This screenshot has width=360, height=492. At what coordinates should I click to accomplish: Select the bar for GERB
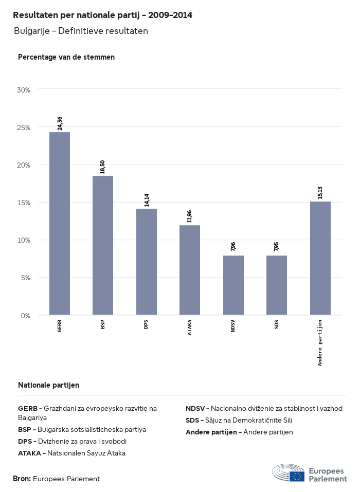pos(60,224)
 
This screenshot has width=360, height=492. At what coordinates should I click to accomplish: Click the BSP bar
pos(103,245)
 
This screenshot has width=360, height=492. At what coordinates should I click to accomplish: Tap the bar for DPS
pos(147,262)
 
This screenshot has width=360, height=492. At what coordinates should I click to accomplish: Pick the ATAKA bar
pos(190,270)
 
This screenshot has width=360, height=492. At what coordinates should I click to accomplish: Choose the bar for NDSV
pos(233,285)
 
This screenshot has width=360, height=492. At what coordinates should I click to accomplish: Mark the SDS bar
pos(277,285)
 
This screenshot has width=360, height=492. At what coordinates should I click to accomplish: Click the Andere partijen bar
pos(320,258)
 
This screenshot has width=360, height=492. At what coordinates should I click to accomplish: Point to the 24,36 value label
pos(60,123)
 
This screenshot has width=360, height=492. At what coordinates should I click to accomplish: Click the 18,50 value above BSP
pos(103,167)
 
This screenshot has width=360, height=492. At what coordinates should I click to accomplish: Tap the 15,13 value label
pos(320,193)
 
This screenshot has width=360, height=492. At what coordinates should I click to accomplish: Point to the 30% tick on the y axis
pos(24,90)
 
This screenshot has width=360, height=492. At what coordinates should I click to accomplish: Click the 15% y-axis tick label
pos(24,203)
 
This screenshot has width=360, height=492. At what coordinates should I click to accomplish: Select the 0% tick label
pos(26,315)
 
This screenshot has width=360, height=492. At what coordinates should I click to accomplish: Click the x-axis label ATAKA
pos(190,327)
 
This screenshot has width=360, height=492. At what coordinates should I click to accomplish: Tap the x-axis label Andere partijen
pos(320,342)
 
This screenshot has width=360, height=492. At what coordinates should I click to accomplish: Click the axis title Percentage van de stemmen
pos(66,57)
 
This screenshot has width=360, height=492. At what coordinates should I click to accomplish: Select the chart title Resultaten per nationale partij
pos(103,15)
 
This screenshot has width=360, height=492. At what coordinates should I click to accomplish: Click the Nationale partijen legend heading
pos(48,385)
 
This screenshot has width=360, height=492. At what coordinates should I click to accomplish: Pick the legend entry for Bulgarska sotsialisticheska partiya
pos(82,429)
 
